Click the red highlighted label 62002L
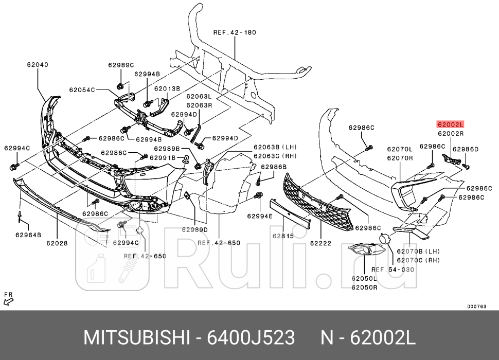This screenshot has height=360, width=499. (450, 124)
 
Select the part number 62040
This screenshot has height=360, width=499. (38, 65)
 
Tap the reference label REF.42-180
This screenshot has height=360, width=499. (235, 32)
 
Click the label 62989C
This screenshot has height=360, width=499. (120, 65)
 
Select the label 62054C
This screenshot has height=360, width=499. (82, 89)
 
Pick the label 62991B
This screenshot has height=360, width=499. (163, 157)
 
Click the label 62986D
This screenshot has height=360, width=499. (466, 149)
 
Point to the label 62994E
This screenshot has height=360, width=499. (260, 216)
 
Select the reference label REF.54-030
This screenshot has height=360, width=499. (393, 269)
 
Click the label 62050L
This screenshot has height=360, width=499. (364, 278)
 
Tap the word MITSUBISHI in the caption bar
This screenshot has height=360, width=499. (137, 338)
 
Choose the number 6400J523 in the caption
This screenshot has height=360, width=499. (250, 338)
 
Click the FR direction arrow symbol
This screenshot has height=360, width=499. (8, 298)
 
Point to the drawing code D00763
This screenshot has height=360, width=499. (476, 306)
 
